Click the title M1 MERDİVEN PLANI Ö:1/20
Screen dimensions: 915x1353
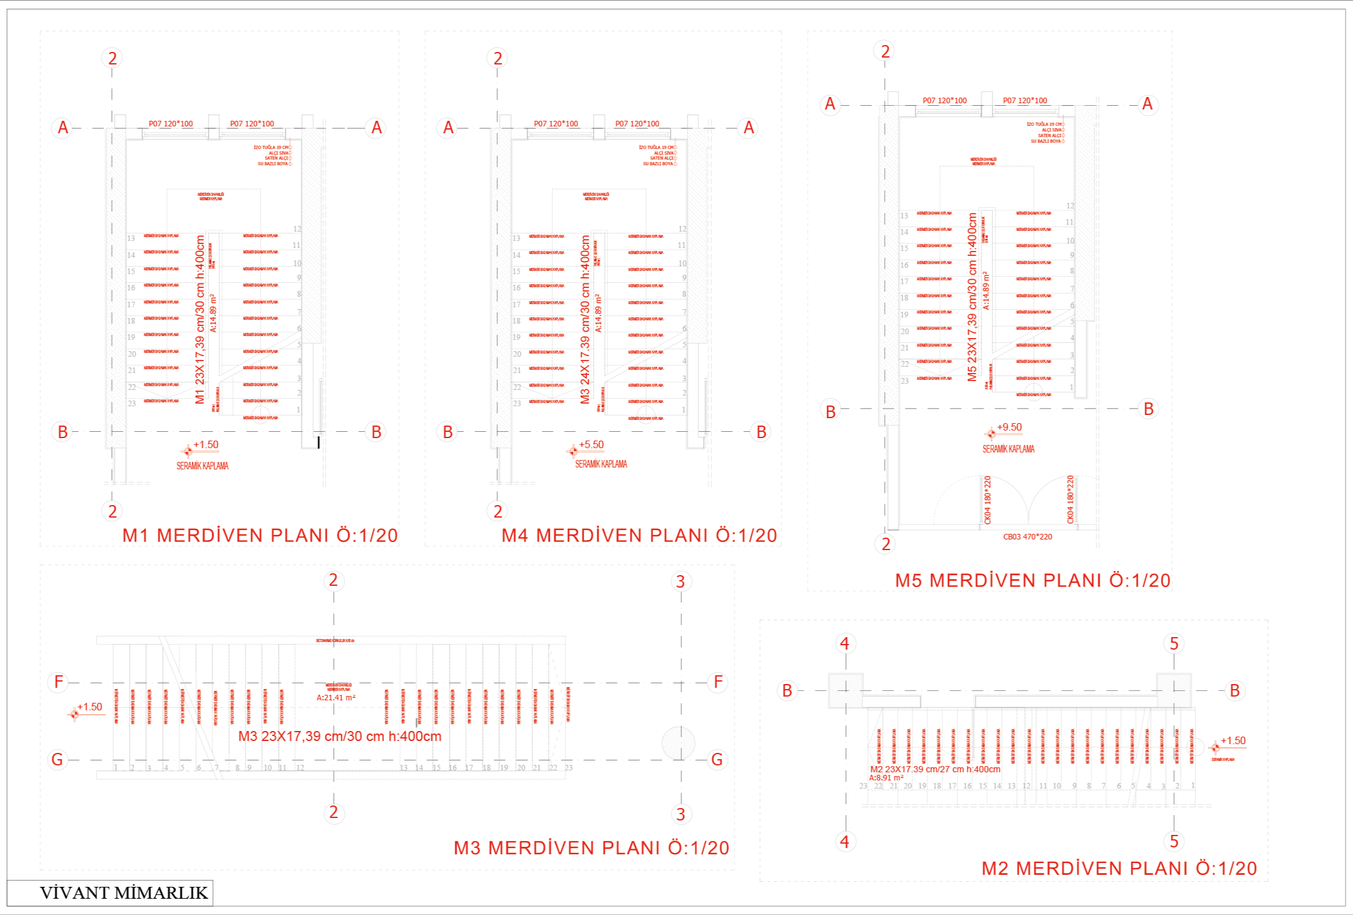(x=260, y=536)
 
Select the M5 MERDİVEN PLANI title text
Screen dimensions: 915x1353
(x=1032, y=581)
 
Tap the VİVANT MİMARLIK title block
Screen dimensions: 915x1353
(x=123, y=892)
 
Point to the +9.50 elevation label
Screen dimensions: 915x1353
(x=1009, y=427)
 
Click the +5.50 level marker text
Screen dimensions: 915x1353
(x=591, y=445)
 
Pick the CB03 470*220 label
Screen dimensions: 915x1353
(x=1027, y=537)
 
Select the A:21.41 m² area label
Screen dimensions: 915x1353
(x=336, y=698)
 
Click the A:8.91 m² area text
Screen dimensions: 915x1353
(x=886, y=778)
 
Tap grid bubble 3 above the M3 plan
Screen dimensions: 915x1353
(x=681, y=582)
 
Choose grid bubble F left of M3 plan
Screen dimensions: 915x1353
(x=58, y=682)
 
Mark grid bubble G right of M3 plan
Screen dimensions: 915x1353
(x=717, y=760)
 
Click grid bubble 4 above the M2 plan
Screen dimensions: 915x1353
(x=845, y=643)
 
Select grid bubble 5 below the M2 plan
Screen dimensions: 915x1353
(x=1174, y=841)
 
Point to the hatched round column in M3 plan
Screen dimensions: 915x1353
(x=679, y=744)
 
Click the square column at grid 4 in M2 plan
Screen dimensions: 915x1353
(x=846, y=690)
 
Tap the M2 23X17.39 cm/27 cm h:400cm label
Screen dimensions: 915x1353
(x=935, y=769)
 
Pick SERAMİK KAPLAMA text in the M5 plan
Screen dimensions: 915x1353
(x=1008, y=449)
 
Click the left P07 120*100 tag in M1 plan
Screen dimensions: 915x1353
(x=170, y=124)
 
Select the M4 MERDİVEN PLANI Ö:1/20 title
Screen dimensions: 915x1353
(x=639, y=536)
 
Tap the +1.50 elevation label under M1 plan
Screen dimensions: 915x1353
(x=205, y=445)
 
